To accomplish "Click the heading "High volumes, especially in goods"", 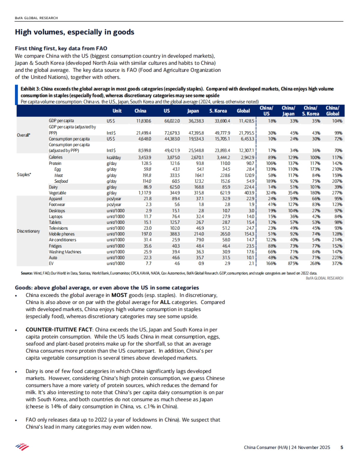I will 74,32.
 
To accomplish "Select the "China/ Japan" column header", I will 288,111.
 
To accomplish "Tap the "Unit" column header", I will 117,111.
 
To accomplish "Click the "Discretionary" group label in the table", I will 28,231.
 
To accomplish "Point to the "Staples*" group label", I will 24,175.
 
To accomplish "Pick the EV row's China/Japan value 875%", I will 294,263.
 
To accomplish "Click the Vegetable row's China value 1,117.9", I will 145,193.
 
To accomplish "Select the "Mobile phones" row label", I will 62,234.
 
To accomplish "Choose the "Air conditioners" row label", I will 62,240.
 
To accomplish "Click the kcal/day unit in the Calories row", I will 114,157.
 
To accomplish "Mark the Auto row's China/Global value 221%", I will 337,257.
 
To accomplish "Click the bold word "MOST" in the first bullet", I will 119,295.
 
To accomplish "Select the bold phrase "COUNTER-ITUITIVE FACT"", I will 59,330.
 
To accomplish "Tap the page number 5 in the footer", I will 342,447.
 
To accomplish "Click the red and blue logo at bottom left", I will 22,447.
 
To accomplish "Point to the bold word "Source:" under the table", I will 27,273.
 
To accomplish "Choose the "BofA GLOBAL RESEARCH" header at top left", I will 36,18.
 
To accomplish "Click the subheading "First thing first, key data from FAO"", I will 61,49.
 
